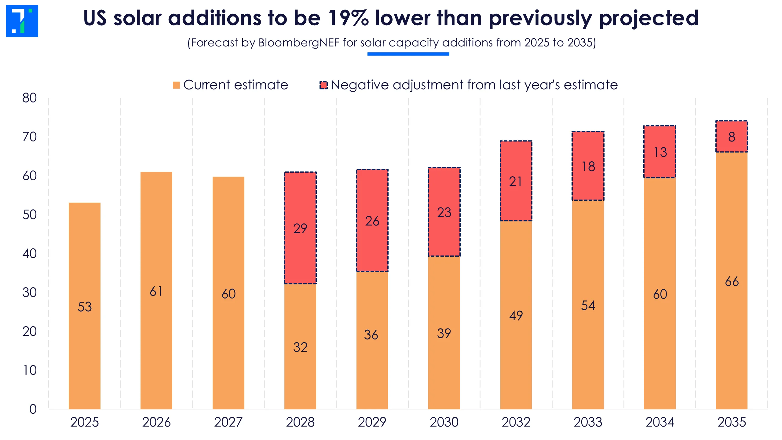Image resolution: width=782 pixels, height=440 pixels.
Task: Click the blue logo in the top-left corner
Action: (22, 21)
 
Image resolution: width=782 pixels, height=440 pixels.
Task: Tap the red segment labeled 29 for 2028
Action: (300, 228)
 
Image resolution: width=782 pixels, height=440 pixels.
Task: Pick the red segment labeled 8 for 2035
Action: (732, 137)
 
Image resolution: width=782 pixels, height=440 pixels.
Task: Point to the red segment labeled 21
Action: (516, 181)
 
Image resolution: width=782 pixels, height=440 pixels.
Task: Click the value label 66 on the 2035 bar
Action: (732, 281)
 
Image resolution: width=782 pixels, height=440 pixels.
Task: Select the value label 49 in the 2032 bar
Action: (516, 315)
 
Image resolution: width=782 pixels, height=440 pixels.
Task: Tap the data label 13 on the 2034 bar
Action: (660, 152)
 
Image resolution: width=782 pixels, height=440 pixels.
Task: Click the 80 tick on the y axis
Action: (29, 98)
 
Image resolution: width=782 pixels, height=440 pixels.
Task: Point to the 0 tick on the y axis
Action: (33, 409)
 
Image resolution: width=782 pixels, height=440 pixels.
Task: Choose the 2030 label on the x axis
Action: (444, 422)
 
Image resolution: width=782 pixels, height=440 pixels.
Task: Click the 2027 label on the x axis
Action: (228, 422)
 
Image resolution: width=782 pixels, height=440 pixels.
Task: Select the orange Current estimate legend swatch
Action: (176, 85)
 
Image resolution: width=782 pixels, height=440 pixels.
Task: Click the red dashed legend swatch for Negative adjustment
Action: (323, 85)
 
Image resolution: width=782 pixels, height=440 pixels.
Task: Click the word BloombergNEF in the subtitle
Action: (299, 43)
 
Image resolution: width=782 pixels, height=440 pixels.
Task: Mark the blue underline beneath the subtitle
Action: (408, 54)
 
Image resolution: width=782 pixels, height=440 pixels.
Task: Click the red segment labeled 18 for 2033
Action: (588, 166)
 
